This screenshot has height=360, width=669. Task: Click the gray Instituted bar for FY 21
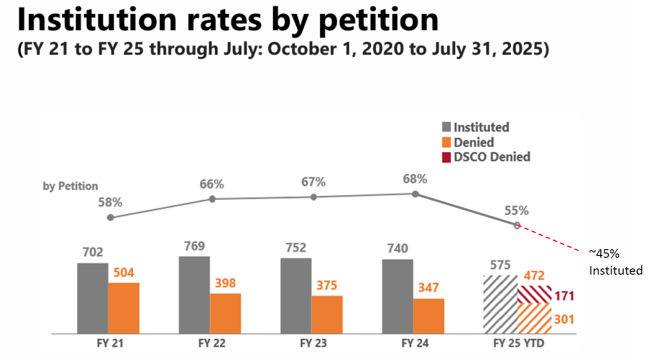click(93, 298)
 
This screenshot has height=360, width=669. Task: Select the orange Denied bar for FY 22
click(226, 313)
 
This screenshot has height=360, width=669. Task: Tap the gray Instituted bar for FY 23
click(296, 296)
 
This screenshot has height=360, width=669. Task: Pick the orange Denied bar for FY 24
click(428, 316)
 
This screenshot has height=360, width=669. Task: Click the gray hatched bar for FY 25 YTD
click(500, 305)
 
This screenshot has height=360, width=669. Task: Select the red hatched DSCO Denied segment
click(535, 294)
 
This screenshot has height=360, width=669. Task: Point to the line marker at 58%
click(110, 218)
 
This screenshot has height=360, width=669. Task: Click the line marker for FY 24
click(415, 194)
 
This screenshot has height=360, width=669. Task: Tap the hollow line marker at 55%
click(517, 226)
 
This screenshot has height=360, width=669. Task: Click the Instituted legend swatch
click(446, 127)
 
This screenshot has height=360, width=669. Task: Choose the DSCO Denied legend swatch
click(446, 157)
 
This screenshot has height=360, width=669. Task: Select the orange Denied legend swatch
click(446, 142)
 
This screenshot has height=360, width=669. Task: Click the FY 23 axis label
click(313, 343)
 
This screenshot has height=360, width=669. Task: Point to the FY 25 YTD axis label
click(519, 343)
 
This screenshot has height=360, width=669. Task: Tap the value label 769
click(194, 246)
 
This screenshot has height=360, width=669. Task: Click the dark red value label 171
click(564, 296)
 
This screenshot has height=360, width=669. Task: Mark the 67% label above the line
click(313, 182)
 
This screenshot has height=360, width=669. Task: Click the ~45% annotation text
click(604, 253)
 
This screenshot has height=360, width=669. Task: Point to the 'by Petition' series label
click(70, 187)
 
